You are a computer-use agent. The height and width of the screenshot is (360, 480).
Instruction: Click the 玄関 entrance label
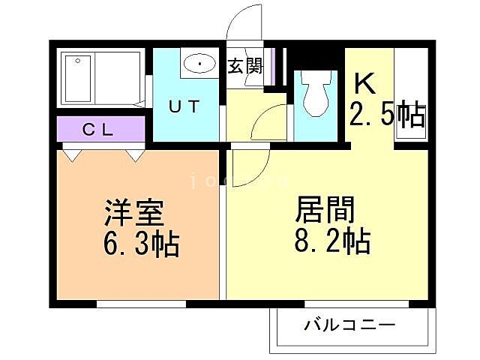(244, 66)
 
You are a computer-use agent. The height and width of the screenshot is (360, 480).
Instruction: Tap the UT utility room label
(184, 106)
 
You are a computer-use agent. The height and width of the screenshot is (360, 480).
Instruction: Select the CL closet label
(97, 129)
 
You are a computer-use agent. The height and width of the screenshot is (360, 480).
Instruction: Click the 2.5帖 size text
(387, 115)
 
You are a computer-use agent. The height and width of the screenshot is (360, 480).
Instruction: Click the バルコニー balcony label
(349, 326)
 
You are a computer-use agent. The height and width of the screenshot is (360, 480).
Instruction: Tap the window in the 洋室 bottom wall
(140, 304)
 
